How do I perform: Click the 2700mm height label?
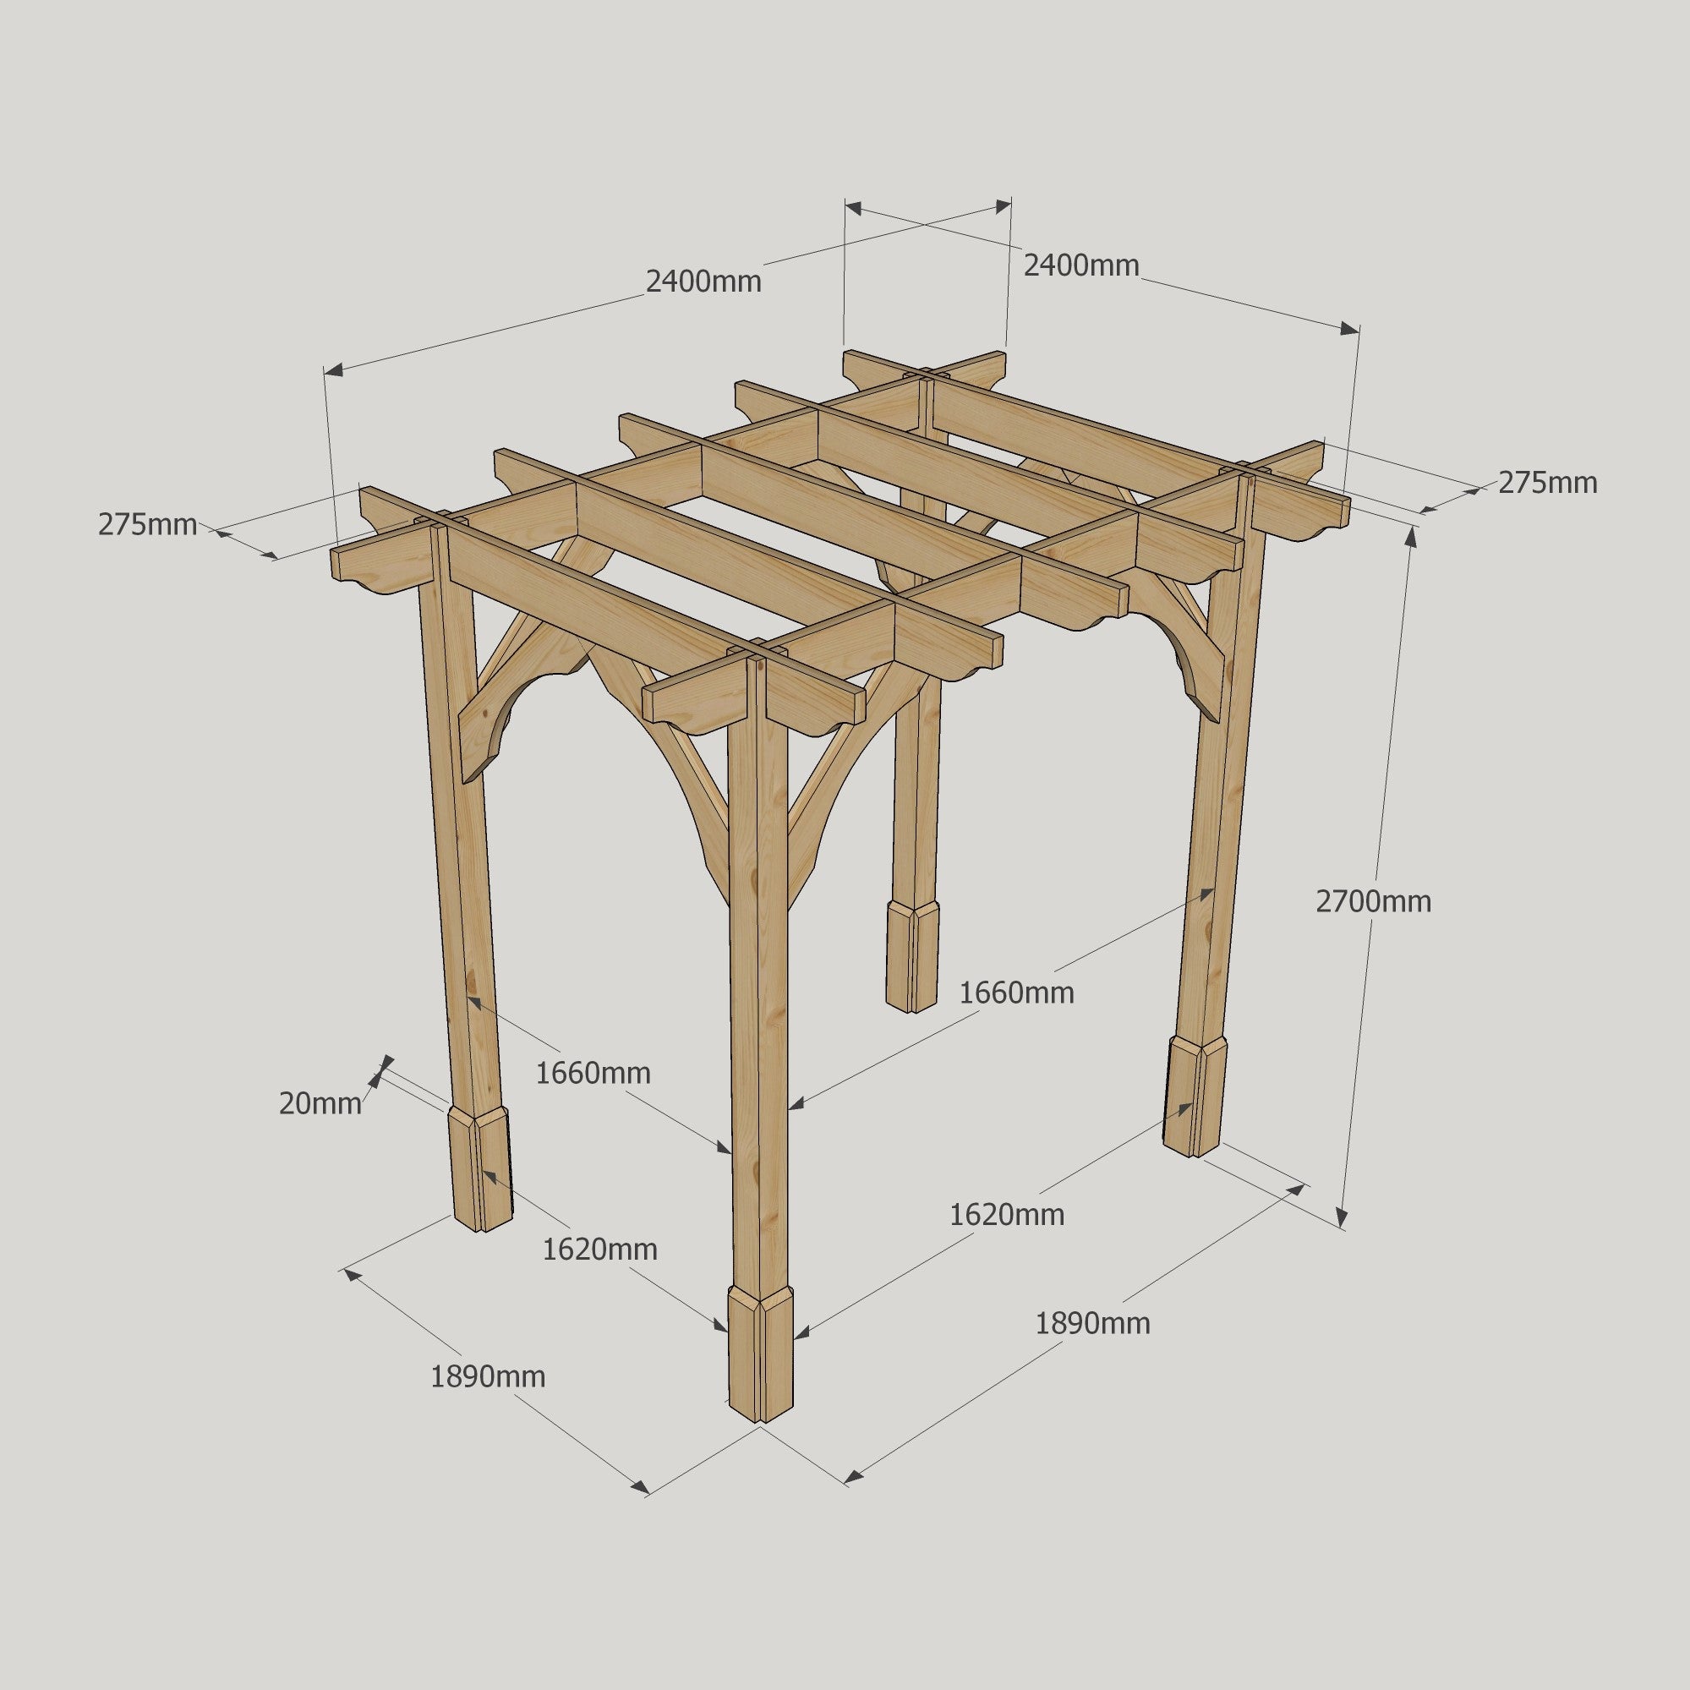(1373, 901)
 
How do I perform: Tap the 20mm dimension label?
(320, 1104)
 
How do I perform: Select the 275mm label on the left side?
(147, 525)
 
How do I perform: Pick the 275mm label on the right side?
(1547, 482)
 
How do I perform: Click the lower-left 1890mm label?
(487, 1377)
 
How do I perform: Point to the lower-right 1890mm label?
(1092, 1323)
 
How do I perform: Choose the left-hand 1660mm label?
(593, 1073)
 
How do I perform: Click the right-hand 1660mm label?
(1016, 993)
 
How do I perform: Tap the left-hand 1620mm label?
(599, 1250)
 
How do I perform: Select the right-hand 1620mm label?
(1007, 1214)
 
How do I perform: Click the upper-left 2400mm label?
(703, 282)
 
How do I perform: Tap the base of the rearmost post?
(912, 958)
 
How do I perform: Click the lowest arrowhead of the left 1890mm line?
(642, 1487)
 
